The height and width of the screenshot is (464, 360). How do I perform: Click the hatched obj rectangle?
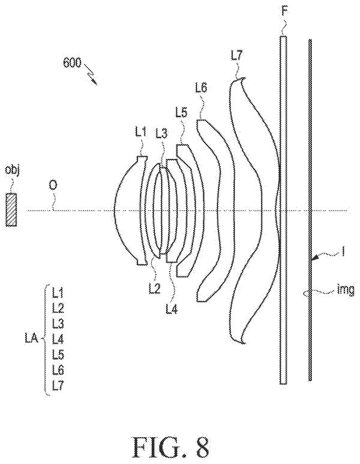pyautogui.click(x=11, y=209)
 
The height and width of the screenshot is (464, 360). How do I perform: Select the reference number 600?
pyautogui.click(x=71, y=64)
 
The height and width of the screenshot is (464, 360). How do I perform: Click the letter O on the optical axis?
pyautogui.click(x=53, y=186)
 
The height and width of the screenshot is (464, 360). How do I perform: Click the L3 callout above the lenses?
pyautogui.click(x=161, y=134)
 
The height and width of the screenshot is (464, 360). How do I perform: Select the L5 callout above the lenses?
pyautogui.click(x=181, y=113)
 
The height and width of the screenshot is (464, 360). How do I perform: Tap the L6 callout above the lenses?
pyautogui.click(x=202, y=88)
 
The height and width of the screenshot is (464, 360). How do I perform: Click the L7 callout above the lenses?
pyautogui.click(x=236, y=56)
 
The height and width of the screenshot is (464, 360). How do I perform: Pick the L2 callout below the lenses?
pyautogui.click(x=154, y=288)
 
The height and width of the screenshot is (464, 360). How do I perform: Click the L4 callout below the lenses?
pyautogui.click(x=172, y=309)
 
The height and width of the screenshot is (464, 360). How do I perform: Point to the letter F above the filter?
pyautogui.click(x=285, y=11)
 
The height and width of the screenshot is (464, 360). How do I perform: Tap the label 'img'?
pyautogui.click(x=346, y=290)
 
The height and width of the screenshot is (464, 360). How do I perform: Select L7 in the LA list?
pyautogui.click(x=58, y=385)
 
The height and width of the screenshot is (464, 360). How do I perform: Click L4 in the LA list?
pyautogui.click(x=58, y=339)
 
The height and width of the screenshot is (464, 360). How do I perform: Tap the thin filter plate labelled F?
pyautogui.click(x=283, y=210)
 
